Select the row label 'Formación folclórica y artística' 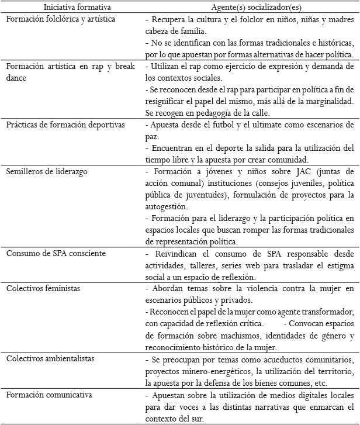tap(60, 19)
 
